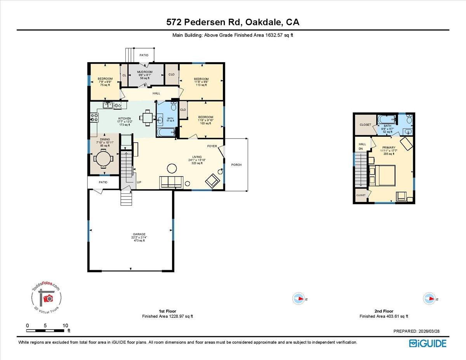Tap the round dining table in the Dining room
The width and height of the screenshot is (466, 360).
[x=103, y=158]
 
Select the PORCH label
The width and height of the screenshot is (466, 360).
[x=236, y=165]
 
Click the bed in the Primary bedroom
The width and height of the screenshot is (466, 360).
[x=382, y=175]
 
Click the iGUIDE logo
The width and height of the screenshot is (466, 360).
[x=428, y=343]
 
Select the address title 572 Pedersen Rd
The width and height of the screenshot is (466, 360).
[x=233, y=23]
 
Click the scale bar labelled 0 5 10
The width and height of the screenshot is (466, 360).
[x=46, y=330]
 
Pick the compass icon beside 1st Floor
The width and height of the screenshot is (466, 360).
[x=298, y=298]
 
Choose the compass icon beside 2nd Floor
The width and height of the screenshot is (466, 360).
[x=429, y=298]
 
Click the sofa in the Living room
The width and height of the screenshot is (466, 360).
[x=171, y=181]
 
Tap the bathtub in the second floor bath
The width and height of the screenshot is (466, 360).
[x=386, y=119]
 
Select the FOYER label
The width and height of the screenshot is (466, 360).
[x=212, y=146]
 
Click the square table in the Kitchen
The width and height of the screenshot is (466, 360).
[x=147, y=116]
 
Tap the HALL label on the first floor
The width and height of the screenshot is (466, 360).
[x=156, y=93]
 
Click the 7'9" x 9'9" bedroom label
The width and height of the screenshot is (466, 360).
[x=105, y=82]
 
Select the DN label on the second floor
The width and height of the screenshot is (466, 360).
[x=360, y=149]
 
